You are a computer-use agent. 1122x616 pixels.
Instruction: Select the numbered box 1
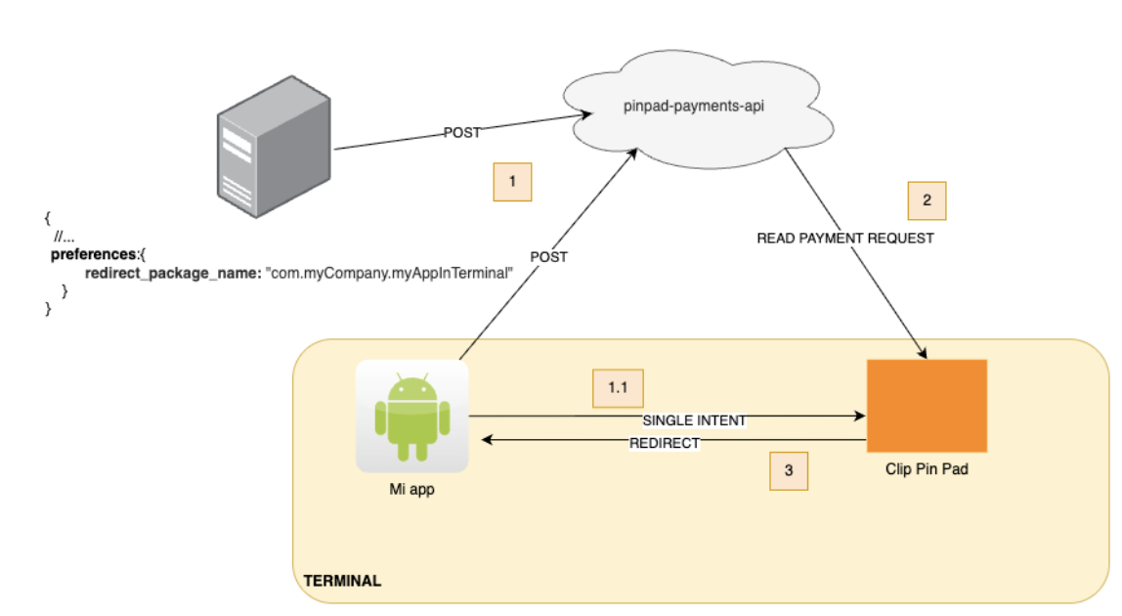[512, 182]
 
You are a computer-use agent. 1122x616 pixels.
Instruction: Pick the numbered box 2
[927, 200]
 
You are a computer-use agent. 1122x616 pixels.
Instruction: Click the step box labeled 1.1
[618, 388]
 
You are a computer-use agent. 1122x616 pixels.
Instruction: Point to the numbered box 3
[789, 470]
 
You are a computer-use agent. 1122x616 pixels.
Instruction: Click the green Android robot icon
[412, 418]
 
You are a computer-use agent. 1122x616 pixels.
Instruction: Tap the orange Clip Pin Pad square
[927, 406]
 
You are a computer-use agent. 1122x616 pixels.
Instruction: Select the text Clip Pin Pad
[927, 470]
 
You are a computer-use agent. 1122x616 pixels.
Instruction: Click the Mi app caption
[411, 491]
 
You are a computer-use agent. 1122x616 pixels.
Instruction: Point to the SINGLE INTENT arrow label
[694, 420]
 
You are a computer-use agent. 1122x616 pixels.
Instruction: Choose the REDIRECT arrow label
[665, 443]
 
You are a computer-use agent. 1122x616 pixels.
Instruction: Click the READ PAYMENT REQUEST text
[844, 238]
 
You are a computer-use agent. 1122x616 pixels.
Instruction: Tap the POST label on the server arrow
[462, 133]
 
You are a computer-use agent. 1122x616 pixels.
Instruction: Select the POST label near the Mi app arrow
[548, 257]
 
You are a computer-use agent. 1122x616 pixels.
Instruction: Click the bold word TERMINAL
[342, 581]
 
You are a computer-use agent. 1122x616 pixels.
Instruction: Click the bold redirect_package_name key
[174, 273]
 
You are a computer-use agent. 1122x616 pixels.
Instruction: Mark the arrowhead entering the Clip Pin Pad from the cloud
[922, 353]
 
